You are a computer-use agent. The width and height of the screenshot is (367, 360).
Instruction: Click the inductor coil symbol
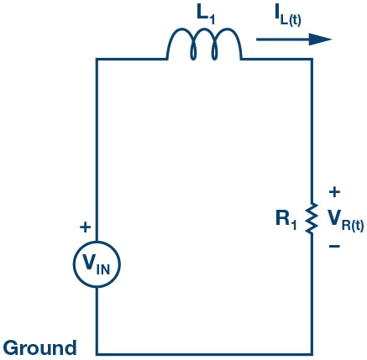pyautogui.click(x=205, y=46)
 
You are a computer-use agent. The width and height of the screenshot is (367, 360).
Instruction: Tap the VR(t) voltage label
pyautogui.click(x=343, y=221)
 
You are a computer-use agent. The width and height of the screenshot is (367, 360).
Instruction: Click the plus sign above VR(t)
pyautogui.click(x=334, y=191)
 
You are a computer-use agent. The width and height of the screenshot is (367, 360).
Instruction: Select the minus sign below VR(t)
pyautogui.click(x=334, y=248)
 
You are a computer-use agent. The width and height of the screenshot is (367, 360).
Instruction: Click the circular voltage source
pyautogui.click(x=97, y=265)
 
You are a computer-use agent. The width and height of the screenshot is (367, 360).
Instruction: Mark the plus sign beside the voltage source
pyautogui.click(x=84, y=227)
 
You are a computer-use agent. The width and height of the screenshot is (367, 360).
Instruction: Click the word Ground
pyautogui.click(x=40, y=347)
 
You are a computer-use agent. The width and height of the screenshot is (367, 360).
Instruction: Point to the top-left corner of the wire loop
pyautogui.click(x=97, y=60)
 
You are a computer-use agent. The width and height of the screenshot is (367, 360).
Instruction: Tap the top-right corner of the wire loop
pyautogui.click(x=312, y=60)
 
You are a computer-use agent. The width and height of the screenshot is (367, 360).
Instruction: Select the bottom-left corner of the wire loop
pyautogui.click(x=97, y=353)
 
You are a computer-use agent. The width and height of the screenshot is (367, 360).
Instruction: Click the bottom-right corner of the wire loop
pyautogui.click(x=312, y=353)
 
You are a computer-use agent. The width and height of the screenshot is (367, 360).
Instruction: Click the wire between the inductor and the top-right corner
pyautogui.click(x=277, y=60)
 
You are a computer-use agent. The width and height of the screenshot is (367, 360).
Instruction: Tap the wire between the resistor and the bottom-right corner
pyautogui.click(x=312, y=294)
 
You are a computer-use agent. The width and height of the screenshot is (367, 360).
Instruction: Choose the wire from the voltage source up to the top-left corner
pyautogui.click(x=97, y=151)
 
